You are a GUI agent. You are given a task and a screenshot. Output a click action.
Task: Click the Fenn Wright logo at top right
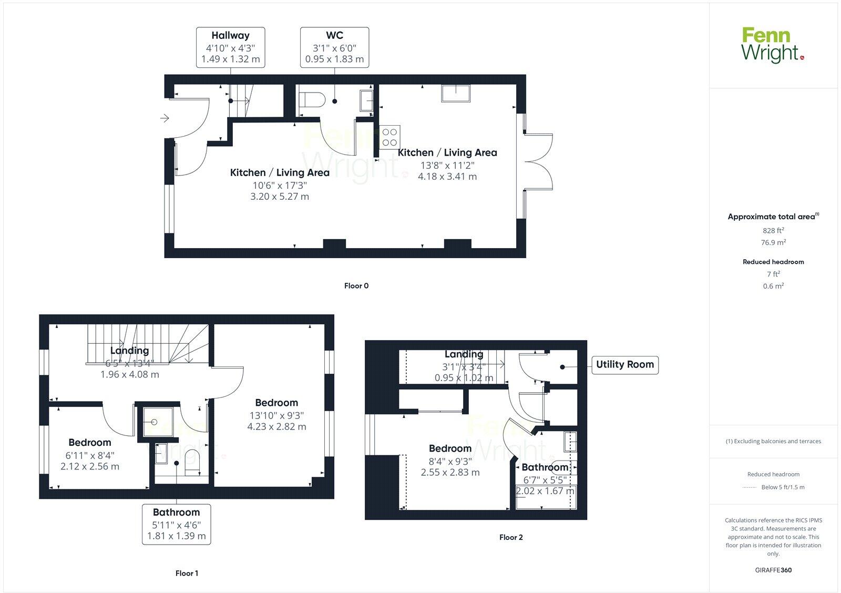click(772, 45)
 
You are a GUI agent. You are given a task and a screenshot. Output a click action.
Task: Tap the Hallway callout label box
click(230, 47)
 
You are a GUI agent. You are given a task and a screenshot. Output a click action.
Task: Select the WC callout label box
click(334, 47)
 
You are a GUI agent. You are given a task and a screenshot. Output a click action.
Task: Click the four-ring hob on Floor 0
click(389, 137)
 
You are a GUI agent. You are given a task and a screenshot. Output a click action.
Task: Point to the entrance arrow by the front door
click(165, 118)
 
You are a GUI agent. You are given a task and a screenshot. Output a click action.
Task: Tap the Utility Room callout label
click(624, 364)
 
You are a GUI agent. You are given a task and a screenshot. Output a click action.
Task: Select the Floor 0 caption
click(356, 286)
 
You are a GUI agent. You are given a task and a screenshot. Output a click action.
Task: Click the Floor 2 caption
click(511, 537)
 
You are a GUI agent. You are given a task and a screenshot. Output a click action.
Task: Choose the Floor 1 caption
click(187, 573)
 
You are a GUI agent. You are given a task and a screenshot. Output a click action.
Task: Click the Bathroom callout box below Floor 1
click(176, 524)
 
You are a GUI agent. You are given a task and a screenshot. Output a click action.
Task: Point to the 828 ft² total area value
click(773, 230)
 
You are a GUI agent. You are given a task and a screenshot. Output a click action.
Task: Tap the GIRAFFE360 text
click(773, 570)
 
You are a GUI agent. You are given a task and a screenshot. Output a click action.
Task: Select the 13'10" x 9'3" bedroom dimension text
click(276, 415)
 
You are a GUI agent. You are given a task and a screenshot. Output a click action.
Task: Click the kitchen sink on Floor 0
click(456, 93)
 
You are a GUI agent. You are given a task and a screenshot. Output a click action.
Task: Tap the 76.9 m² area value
click(773, 242)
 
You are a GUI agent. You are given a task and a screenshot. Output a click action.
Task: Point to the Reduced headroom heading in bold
click(773, 262)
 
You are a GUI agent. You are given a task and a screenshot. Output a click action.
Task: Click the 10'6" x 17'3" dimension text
click(280, 185)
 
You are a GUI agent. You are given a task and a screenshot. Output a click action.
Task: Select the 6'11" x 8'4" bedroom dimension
click(90, 455)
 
